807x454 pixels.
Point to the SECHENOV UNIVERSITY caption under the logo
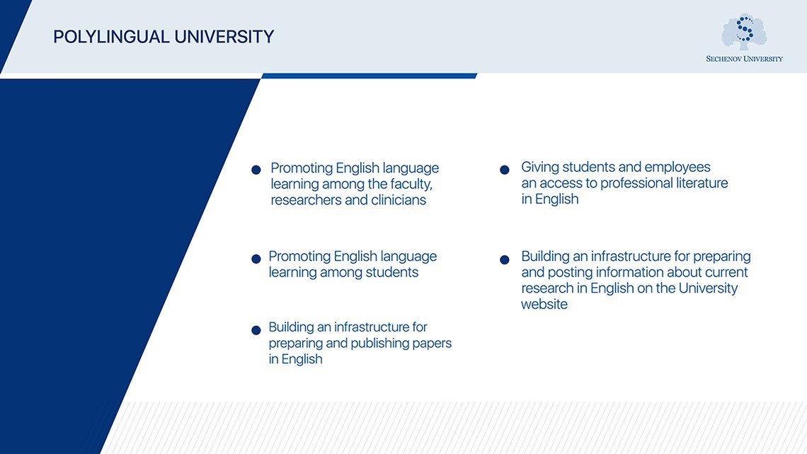pyautogui.click(x=744, y=59)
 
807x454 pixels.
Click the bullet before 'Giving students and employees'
pyautogui.click(x=505, y=170)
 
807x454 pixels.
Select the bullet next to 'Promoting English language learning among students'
pyautogui.click(x=256, y=259)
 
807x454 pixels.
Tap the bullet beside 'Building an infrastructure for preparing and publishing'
pyautogui.click(x=256, y=330)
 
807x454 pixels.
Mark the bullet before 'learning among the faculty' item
pyautogui.click(x=256, y=170)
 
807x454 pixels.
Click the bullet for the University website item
pyautogui.click(x=505, y=260)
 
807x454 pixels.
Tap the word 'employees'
pyautogui.click(x=677, y=167)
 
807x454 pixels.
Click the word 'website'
pyautogui.click(x=544, y=305)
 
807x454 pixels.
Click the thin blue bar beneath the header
pyautogui.click(x=368, y=76)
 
